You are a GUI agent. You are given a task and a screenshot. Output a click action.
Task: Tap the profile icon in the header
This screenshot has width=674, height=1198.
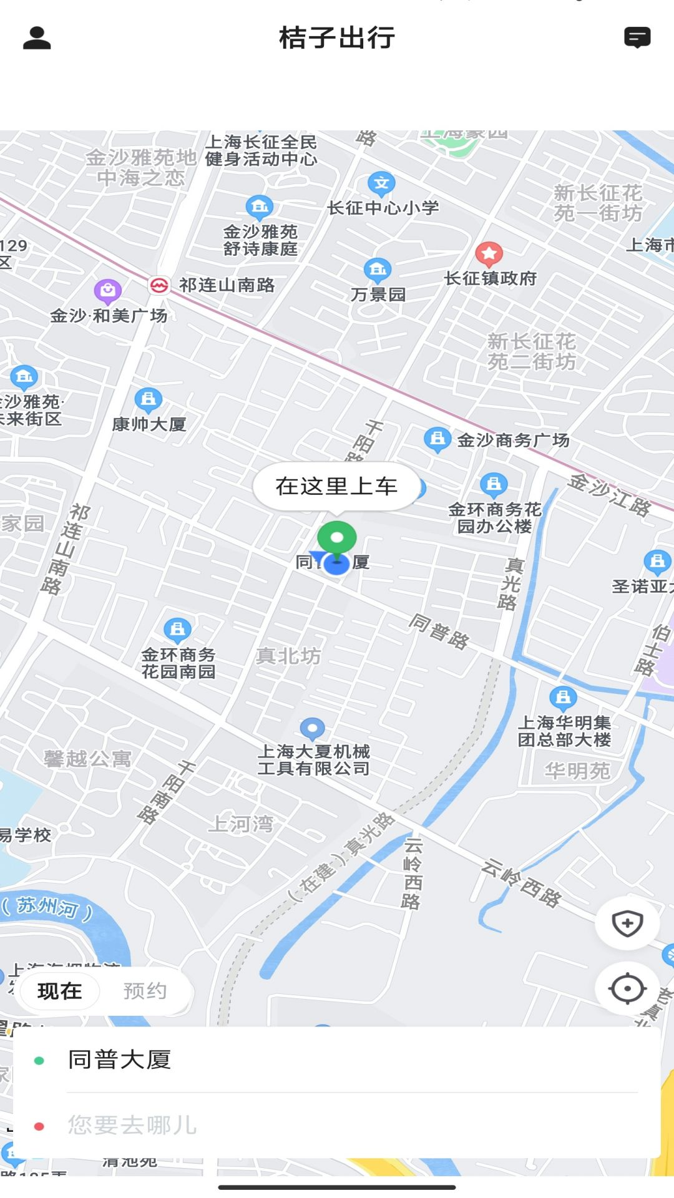click(37, 38)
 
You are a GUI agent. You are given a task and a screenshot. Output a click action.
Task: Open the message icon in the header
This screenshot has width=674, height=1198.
click(637, 37)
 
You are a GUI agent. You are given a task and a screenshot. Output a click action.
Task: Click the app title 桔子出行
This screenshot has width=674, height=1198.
click(337, 38)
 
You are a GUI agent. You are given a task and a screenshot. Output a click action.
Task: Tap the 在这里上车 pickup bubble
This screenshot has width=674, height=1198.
click(336, 486)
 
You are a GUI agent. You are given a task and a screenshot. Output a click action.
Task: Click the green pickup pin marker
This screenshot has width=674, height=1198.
click(337, 538)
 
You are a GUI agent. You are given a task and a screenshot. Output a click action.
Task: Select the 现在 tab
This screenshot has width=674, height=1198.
click(60, 991)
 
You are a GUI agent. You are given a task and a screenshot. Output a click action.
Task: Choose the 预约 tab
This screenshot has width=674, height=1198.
click(145, 991)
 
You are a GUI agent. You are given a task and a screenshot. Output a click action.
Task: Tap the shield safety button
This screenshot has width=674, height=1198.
click(627, 923)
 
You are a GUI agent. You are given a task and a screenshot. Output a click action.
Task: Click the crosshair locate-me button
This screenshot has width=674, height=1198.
click(627, 988)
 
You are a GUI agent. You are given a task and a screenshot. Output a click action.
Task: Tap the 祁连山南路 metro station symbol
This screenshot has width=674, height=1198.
click(159, 286)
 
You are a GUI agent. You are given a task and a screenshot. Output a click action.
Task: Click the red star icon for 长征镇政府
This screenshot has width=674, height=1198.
click(489, 254)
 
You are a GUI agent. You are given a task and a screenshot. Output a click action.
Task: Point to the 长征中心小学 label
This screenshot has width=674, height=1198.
click(383, 208)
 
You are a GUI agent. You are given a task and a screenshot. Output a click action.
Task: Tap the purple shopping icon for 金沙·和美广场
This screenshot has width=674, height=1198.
click(107, 290)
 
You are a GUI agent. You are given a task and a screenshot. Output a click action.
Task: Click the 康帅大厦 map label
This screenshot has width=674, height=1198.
click(149, 424)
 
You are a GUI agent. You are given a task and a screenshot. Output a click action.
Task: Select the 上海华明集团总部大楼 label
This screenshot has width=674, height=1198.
click(564, 731)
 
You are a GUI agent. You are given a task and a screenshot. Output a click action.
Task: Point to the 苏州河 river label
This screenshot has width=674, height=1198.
click(47, 907)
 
